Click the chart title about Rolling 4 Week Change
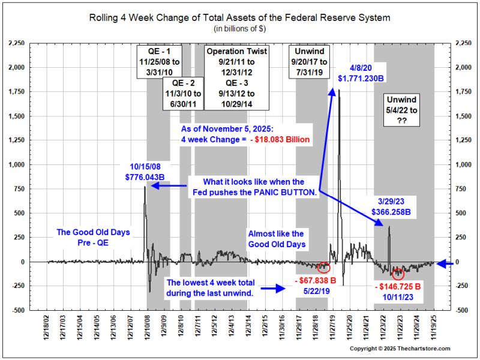coord(239,17)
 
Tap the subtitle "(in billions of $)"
coord(239,28)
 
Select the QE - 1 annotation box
coord(159,62)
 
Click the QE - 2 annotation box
coord(183,94)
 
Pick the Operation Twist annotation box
coord(236,77)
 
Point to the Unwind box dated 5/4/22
coord(401,110)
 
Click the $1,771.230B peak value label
coord(361,79)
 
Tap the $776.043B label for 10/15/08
coord(145,177)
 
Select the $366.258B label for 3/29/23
coord(391,212)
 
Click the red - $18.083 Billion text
coord(279,140)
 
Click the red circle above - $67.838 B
coord(323,268)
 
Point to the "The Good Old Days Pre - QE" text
coord(93,238)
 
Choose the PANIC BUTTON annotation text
coord(254,187)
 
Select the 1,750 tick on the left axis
coord(17,92)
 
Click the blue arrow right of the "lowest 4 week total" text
coord(273,289)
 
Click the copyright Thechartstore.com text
coord(400,349)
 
